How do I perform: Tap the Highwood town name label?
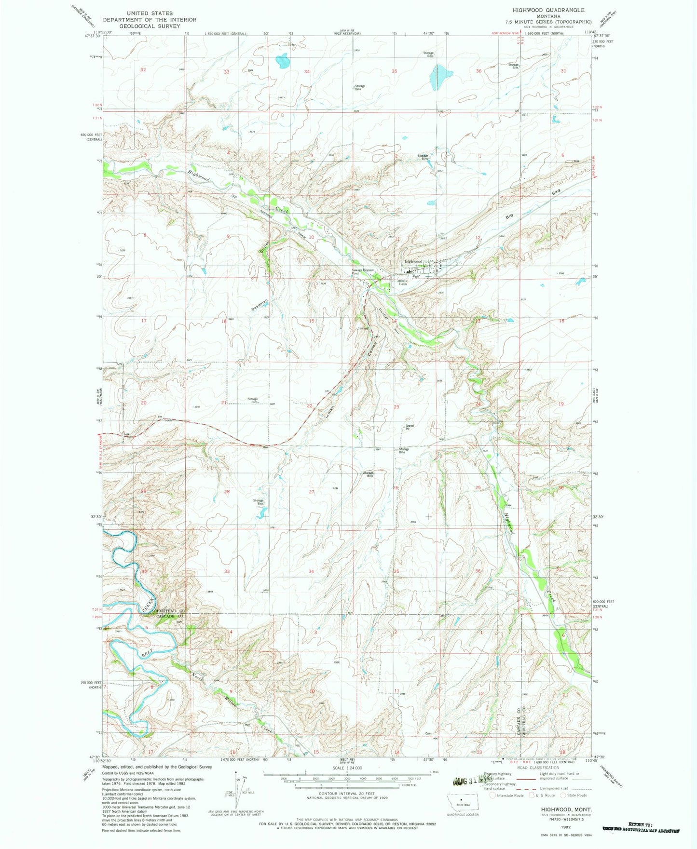[x=413, y=261]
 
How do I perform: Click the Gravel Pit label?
[x=409, y=427]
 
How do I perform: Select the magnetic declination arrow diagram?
[x=237, y=786]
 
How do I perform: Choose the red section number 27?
[x=312, y=492]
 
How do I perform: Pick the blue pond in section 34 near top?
[x=282, y=61]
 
